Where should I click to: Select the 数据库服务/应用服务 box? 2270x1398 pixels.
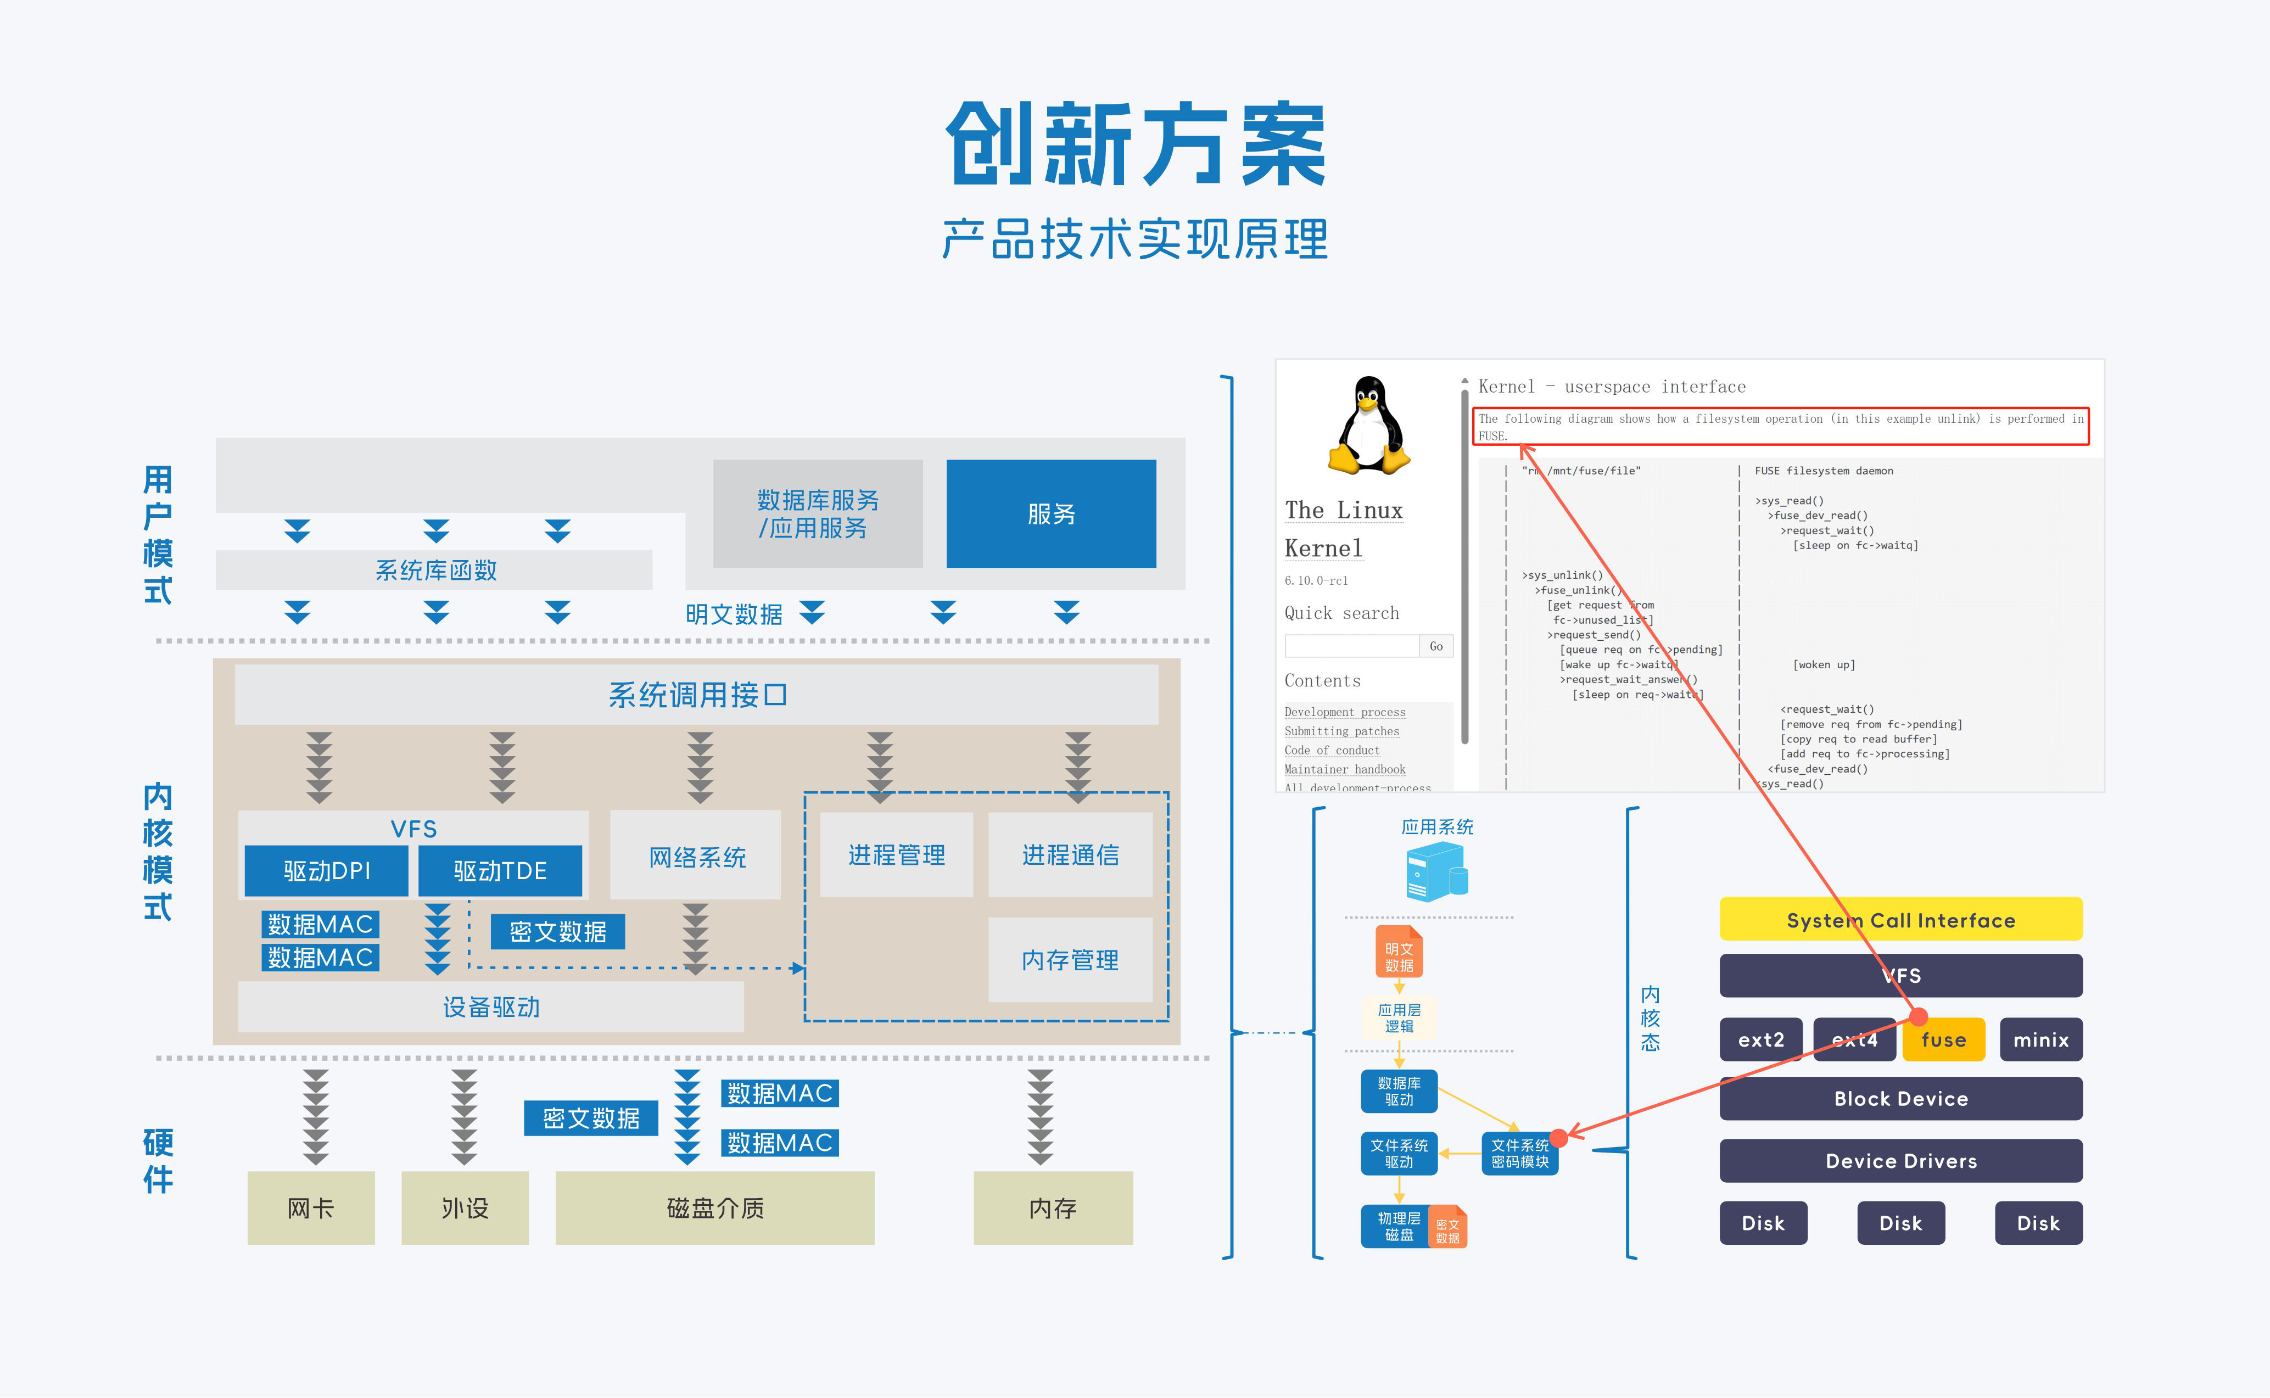coord(818,513)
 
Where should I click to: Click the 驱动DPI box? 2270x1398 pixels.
coord(326,870)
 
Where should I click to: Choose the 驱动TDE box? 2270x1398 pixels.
coord(500,870)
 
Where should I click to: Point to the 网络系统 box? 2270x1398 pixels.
coord(696,856)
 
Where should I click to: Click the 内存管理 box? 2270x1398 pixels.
coord(1070,960)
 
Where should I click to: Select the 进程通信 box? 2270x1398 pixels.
coord(1070,854)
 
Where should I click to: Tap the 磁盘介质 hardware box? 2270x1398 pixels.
coord(715,1207)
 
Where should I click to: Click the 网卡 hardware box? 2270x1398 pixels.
coord(311,1207)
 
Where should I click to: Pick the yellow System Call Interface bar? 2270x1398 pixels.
coord(1900,919)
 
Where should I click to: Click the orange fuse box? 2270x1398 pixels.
coord(1944,1039)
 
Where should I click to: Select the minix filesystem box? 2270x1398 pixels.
coord(2040,1039)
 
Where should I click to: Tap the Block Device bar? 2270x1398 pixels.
coord(1900,1098)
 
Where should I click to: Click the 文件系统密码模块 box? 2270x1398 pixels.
coord(1519,1153)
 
